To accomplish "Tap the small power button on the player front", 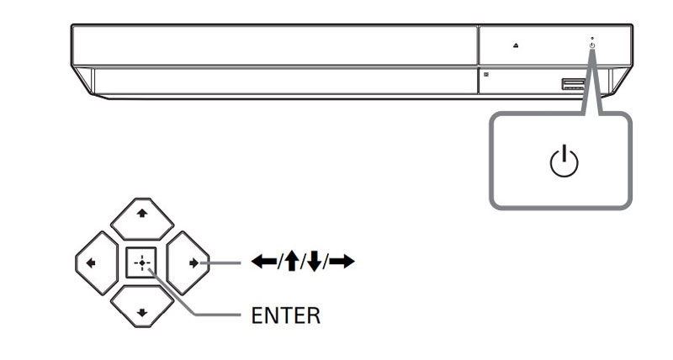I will [592, 45].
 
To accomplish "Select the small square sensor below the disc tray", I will [485, 74].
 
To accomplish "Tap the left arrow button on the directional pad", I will [93, 262].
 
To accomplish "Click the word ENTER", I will [285, 316].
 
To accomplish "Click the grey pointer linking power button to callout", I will [598, 84].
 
